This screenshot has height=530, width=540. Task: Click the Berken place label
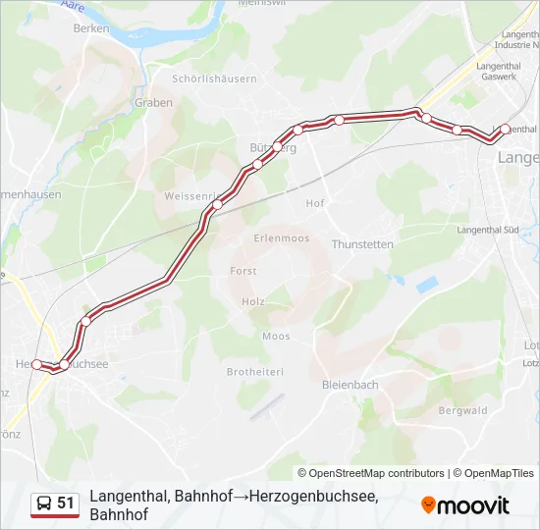coord(90,28)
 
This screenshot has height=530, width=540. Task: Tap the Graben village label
coord(154,102)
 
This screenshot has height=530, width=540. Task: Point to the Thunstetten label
coord(362,244)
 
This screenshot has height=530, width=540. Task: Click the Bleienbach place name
coord(350,385)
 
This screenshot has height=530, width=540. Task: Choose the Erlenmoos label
coord(282,238)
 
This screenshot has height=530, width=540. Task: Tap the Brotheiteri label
coord(254,372)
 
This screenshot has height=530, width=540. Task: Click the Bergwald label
coord(462,410)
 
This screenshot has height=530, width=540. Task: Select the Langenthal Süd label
coord(487,230)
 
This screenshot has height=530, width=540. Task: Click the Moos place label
coord(276,336)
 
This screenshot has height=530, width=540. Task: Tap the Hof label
coord(315,203)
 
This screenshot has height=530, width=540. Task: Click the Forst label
coord(243,271)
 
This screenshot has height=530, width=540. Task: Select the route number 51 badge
coord(66,503)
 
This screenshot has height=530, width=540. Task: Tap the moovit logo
coord(465,505)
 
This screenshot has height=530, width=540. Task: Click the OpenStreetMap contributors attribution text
coord(371,473)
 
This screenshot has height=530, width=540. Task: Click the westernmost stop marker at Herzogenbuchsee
coord(37,364)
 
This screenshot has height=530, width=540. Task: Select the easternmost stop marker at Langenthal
coord(505,129)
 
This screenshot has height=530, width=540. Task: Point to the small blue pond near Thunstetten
coord(427,285)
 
